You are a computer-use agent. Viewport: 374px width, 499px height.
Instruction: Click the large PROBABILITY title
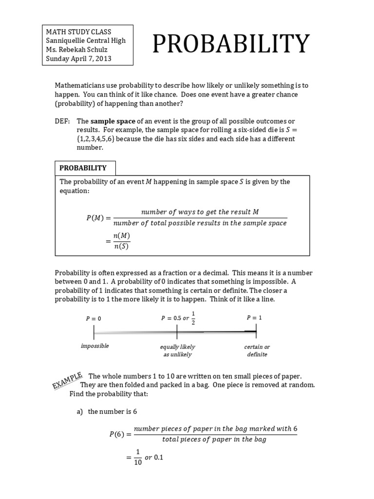point(231,44)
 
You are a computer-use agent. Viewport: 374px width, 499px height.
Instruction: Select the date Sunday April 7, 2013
point(78,59)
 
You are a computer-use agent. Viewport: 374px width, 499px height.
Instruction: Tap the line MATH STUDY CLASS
point(75,32)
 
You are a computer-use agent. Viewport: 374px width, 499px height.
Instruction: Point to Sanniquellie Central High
point(86,41)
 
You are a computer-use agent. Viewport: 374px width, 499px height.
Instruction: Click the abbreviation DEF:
point(62,121)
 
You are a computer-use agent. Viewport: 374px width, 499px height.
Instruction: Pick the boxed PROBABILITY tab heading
point(83,168)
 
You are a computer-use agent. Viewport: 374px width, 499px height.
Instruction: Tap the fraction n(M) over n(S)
point(121,241)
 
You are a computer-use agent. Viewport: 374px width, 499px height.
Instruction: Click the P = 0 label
point(93,318)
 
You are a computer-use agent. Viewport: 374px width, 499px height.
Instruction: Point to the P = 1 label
point(254,317)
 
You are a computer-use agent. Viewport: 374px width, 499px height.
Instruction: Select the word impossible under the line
point(94,346)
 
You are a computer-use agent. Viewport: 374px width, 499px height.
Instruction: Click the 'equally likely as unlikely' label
point(177,350)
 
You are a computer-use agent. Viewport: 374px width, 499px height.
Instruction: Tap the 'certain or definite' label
point(257,350)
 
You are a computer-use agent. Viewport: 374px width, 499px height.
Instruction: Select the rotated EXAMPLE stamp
point(67,380)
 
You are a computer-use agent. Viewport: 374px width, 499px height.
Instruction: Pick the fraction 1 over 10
point(138,458)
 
